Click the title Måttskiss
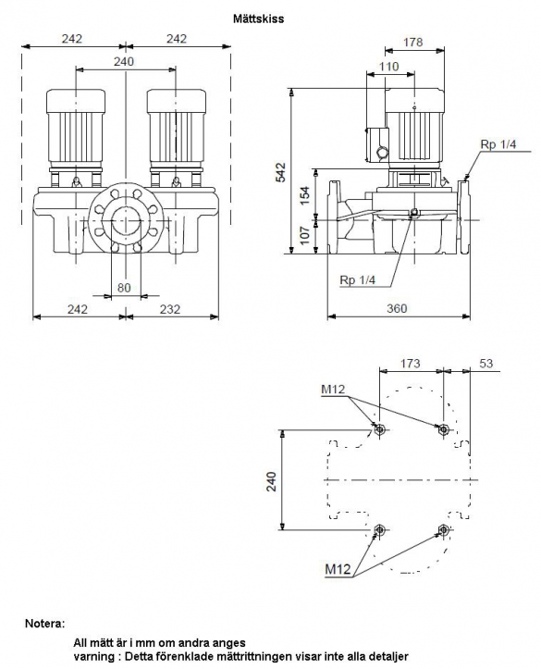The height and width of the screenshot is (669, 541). pos(258,19)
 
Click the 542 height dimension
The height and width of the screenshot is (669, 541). pos(281,172)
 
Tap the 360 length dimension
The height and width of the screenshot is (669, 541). pos(397,308)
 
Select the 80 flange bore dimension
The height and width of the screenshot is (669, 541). pos(124,288)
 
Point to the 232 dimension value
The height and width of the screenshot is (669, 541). pos(170,308)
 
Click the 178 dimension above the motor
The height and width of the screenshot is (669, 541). pos(412,43)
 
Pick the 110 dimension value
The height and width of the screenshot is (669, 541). pos(388,67)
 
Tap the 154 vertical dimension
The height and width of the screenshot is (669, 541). pos(305,195)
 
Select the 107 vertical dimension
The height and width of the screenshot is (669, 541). pos(305,236)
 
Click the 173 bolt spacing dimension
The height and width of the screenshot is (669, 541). pos(410,364)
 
